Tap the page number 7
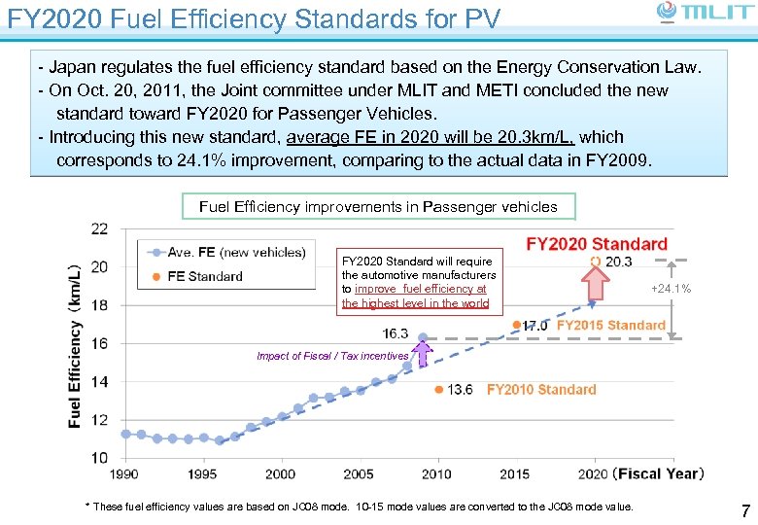744,510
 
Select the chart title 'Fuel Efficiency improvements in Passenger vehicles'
378,206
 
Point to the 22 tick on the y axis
99,229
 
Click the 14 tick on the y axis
99,382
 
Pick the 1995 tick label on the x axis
202,473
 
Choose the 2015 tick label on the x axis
515,473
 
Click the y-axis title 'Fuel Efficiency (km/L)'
75,345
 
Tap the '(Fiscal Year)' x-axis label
658,473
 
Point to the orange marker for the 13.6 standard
438,389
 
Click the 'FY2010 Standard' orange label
541,389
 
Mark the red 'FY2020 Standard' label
597,244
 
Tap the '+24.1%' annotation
671,289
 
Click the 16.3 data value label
396,333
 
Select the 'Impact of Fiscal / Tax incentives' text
332,356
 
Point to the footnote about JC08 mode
360,507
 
